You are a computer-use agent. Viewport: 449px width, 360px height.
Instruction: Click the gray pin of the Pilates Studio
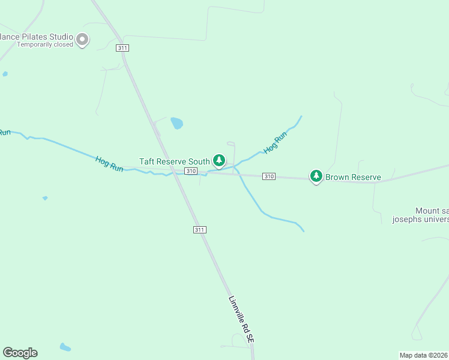tap(83, 40)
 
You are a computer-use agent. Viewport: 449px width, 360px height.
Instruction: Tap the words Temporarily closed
tap(45, 44)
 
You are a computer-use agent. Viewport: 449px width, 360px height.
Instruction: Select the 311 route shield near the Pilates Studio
tap(123, 47)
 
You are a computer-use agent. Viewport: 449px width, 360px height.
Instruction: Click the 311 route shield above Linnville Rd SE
tap(200, 230)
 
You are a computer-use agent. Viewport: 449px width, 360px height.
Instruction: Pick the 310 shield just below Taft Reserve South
tap(191, 172)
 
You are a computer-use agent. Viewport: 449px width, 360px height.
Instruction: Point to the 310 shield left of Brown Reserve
tap(268, 176)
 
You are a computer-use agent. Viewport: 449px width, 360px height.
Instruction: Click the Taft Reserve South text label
tap(175, 161)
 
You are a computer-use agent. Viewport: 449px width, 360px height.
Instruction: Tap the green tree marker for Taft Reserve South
tap(220, 160)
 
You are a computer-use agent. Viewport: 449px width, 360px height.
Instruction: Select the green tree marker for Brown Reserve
tap(316, 176)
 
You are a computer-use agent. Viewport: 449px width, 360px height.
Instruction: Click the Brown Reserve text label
tap(353, 178)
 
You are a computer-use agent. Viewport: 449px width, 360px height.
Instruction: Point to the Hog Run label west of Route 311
tap(109, 164)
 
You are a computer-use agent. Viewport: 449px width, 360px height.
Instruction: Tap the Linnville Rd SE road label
tap(242, 319)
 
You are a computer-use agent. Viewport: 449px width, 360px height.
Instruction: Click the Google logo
tap(20, 353)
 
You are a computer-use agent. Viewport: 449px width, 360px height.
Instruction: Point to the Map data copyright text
tap(424, 355)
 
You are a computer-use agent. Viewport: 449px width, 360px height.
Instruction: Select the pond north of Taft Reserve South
tap(176, 124)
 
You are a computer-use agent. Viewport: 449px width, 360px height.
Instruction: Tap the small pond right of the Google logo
tap(65, 347)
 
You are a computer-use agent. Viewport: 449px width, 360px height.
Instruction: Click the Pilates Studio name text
tap(36, 37)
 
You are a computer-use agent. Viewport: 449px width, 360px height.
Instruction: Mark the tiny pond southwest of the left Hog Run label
tap(45, 197)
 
